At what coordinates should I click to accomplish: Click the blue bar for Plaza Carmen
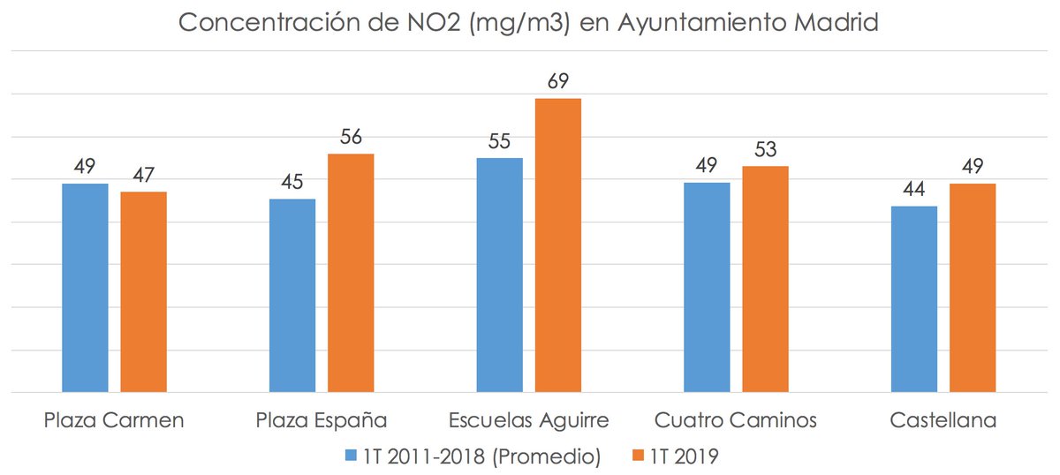coord(85,287)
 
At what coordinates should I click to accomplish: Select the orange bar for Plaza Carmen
coord(144,291)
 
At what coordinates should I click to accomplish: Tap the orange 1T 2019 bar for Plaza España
coord(351,272)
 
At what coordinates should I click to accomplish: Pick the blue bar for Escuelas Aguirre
coord(500,275)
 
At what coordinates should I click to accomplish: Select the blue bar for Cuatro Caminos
coord(707,287)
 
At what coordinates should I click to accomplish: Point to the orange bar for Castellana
coord(973,287)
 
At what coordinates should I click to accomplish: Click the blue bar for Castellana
coord(914,298)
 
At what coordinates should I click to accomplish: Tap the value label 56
coord(351,138)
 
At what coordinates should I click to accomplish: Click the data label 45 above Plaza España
coord(292,183)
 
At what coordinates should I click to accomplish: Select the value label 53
coord(765,150)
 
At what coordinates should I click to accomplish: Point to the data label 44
coord(914,190)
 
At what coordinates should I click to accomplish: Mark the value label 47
coord(144,176)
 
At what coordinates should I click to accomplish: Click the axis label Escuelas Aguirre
coord(528,418)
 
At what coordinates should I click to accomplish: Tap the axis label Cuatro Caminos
coord(736,418)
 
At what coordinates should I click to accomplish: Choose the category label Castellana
coord(943,418)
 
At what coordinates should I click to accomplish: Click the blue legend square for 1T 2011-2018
coord(351,456)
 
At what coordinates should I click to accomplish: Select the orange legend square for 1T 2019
coord(640,456)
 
